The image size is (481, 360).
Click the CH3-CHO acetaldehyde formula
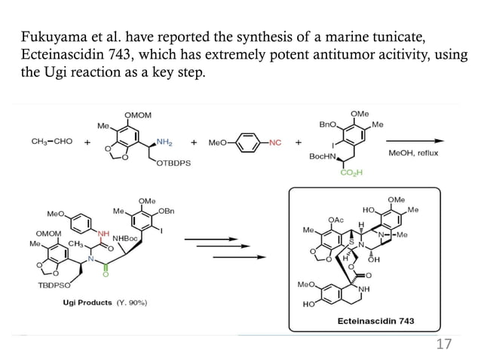point(52,141)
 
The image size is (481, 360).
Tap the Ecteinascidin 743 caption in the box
point(376,321)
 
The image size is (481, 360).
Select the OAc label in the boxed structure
point(335,219)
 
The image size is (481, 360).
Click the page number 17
point(444,344)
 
